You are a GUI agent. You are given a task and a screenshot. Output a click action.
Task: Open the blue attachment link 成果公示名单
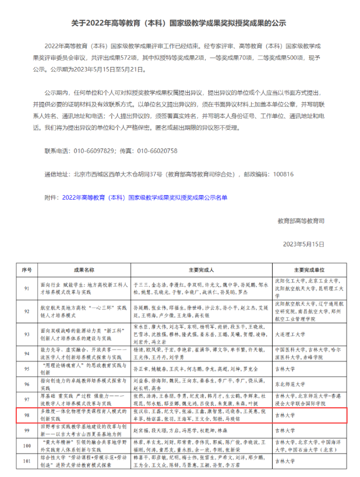144,197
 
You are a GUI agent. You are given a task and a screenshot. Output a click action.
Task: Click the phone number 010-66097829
94,151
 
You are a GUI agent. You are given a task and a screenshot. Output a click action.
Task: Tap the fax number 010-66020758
157,151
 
